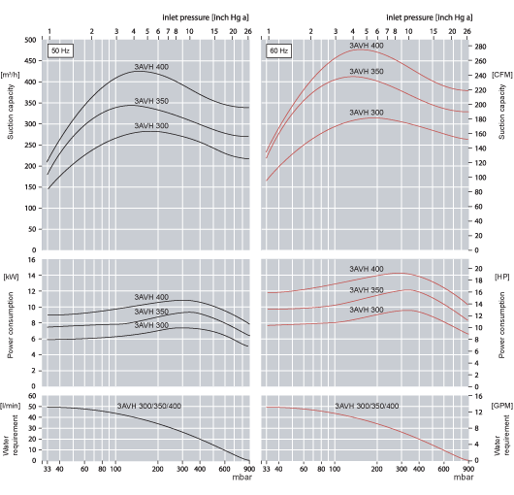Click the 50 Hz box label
(x=59, y=49)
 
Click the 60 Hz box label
(x=278, y=49)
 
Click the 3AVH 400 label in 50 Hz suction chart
(x=151, y=67)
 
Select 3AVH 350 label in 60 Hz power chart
(x=367, y=289)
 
